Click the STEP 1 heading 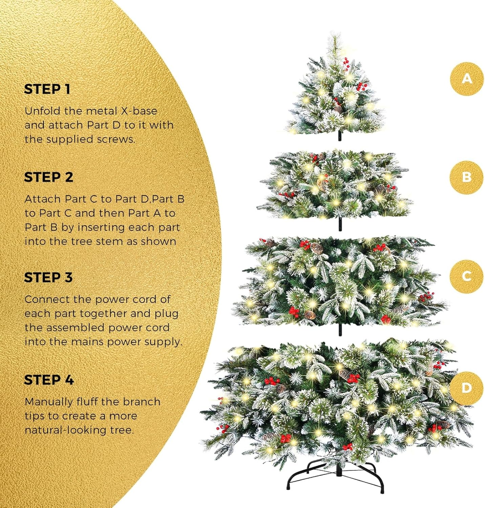(x=47, y=89)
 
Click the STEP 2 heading (x=48, y=177)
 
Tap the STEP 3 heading (x=48, y=277)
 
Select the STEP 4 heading (x=49, y=380)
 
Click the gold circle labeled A (x=467, y=79)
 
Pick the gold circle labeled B (x=467, y=177)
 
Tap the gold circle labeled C (x=467, y=276)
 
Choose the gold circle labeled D (x=467, y=388)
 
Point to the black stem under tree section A (x=340, y=136)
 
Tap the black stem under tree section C (x=340, y=329)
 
